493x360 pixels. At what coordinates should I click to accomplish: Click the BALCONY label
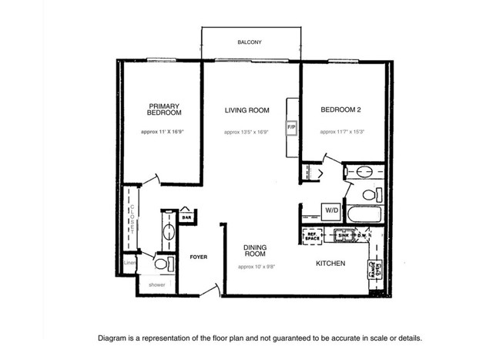click(249, 42)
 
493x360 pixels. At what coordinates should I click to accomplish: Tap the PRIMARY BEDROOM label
click(163, 109)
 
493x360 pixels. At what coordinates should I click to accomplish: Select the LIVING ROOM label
click(246, 110)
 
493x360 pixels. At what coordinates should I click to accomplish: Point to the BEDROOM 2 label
click(342, 110)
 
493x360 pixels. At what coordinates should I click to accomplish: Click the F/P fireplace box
click(292, 126)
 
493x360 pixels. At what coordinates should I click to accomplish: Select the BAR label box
click(186, 218)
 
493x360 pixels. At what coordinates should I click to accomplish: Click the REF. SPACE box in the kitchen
click(312, 237)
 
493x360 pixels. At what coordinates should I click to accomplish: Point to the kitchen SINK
click(344, 236)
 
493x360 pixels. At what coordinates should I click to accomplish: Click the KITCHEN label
click(330, 264)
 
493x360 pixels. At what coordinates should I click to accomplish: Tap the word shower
click(157, 285)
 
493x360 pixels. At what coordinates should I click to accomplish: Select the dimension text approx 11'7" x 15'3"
click(343, 132)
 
